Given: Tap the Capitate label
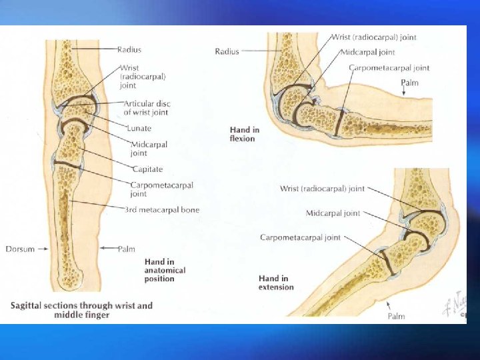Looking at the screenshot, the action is point(147,169).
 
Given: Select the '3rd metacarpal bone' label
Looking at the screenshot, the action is point(162,210).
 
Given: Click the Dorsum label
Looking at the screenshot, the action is point(21,249).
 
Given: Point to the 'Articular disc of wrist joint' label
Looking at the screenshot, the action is point(147,108).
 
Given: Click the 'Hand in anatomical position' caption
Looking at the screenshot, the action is point(165,270).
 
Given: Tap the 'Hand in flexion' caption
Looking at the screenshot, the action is point(245,134).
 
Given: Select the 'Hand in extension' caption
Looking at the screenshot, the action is point(276,283).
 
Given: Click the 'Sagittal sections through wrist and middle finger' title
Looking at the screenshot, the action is point(81,310).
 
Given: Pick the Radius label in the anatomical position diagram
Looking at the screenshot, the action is point(129,49).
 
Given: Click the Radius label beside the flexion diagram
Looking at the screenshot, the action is point(227,51).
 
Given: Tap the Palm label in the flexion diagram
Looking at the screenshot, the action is point(410,82).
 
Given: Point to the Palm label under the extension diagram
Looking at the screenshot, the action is point(396,316).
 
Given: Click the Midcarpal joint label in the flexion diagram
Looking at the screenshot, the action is point(367,52).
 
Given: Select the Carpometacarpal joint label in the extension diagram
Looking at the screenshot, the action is point(300,237).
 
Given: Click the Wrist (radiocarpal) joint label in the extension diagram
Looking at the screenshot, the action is point(322,189).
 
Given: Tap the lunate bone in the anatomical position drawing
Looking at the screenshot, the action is point(77,106).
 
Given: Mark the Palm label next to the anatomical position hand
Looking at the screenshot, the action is point(126,249).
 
